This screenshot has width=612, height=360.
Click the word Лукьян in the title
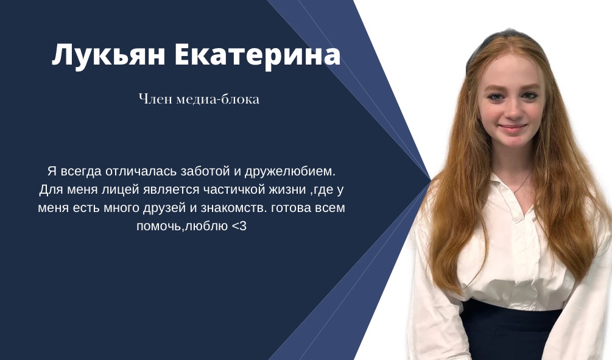108,55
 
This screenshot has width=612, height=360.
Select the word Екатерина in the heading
258,54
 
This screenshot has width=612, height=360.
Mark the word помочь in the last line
159,226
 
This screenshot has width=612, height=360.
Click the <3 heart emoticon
239,226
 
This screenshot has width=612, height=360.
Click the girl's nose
513,111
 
